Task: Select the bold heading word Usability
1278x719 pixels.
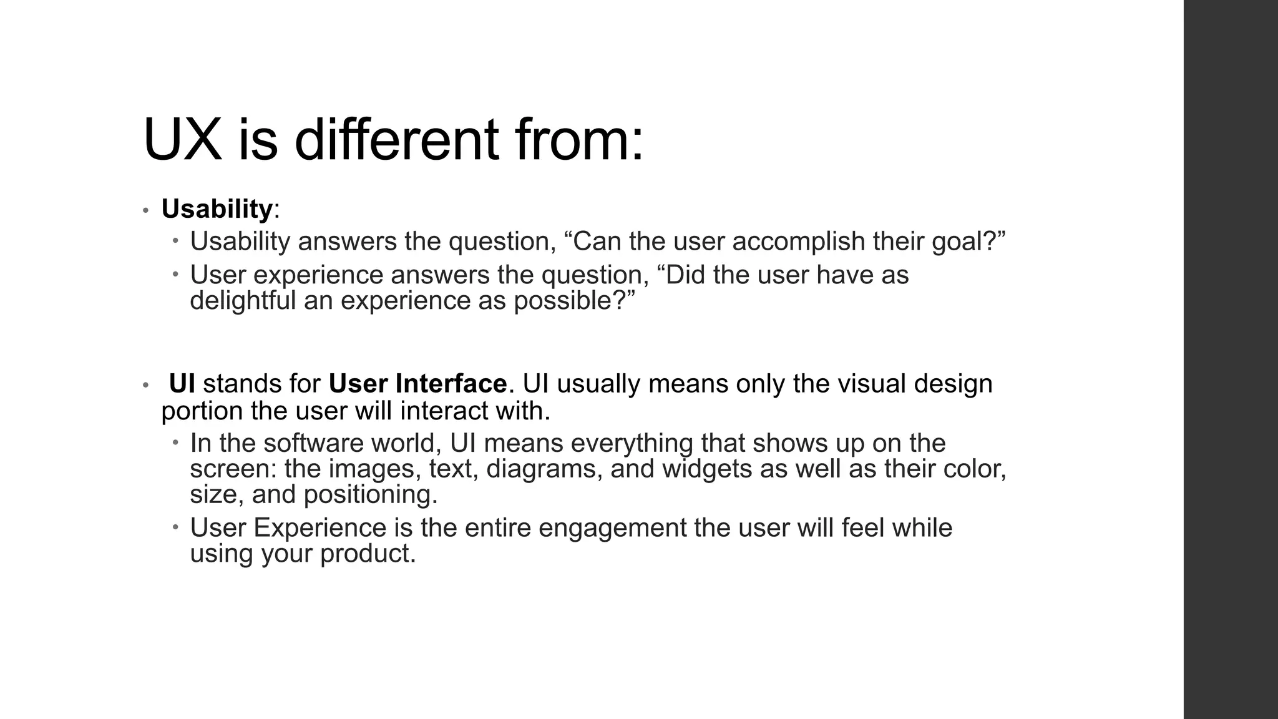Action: click(x=217, y=208)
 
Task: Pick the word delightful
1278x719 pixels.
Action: click(x=243, y=301)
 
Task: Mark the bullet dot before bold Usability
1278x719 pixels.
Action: click(x=145, y=210)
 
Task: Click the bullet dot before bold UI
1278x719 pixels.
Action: click(x=145, y=385)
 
